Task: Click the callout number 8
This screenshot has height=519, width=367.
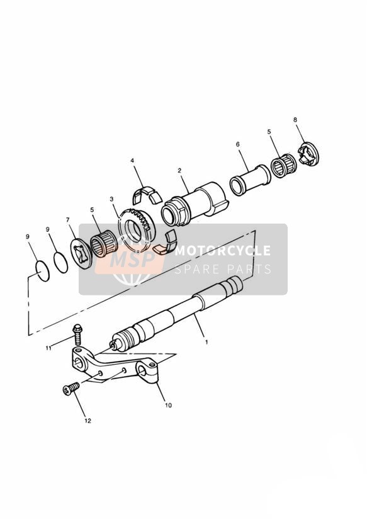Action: [295, 120]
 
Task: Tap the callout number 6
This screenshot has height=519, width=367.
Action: [238, 144]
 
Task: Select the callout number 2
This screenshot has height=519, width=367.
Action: [179, 171]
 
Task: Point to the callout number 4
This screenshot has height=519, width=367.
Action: [132, 161]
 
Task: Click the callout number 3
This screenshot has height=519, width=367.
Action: [111, 199]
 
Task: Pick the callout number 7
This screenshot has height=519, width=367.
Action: [68, 219]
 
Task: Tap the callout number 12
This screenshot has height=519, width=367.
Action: [88, 421]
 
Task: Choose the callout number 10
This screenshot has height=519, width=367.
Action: [168, 405]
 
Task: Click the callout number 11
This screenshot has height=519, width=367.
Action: [48, 348]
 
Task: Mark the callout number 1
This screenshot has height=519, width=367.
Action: [206, 342]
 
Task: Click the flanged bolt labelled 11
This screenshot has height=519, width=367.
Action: [78, 334]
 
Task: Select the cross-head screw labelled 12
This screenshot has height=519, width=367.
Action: [71, 388]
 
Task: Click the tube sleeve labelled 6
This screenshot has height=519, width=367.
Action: [250, 180]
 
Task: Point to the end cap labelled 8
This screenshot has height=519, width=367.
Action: [308, 153]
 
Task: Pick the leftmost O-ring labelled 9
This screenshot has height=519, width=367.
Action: [42, 271]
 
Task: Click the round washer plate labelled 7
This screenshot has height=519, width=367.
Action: [81, 254]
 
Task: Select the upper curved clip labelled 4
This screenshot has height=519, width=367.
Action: [147, 194]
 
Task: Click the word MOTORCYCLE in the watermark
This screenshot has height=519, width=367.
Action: [222, 251]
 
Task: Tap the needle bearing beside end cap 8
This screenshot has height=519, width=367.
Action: [284, 166]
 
